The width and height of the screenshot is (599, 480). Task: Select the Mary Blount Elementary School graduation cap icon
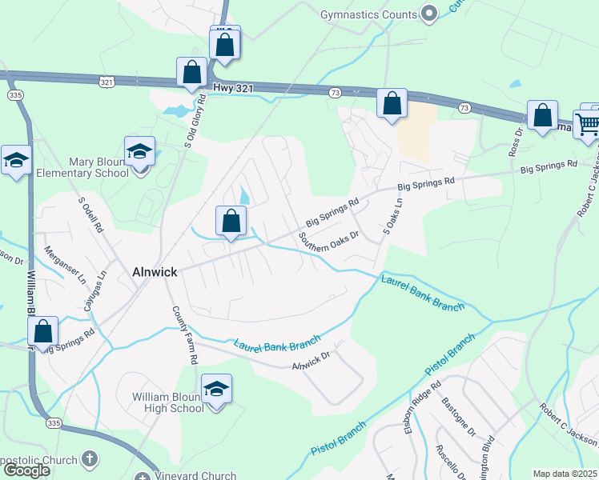click(139, 152)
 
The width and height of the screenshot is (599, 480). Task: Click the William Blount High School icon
click(216, 390)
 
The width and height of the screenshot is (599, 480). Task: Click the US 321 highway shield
click(107, 82)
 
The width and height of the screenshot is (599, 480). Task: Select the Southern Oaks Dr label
click(328, 242)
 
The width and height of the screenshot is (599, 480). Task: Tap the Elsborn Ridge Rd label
click(424, 399)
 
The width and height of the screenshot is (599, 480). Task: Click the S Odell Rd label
click(90, 215)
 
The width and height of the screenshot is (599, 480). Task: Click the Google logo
click(26, 470)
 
